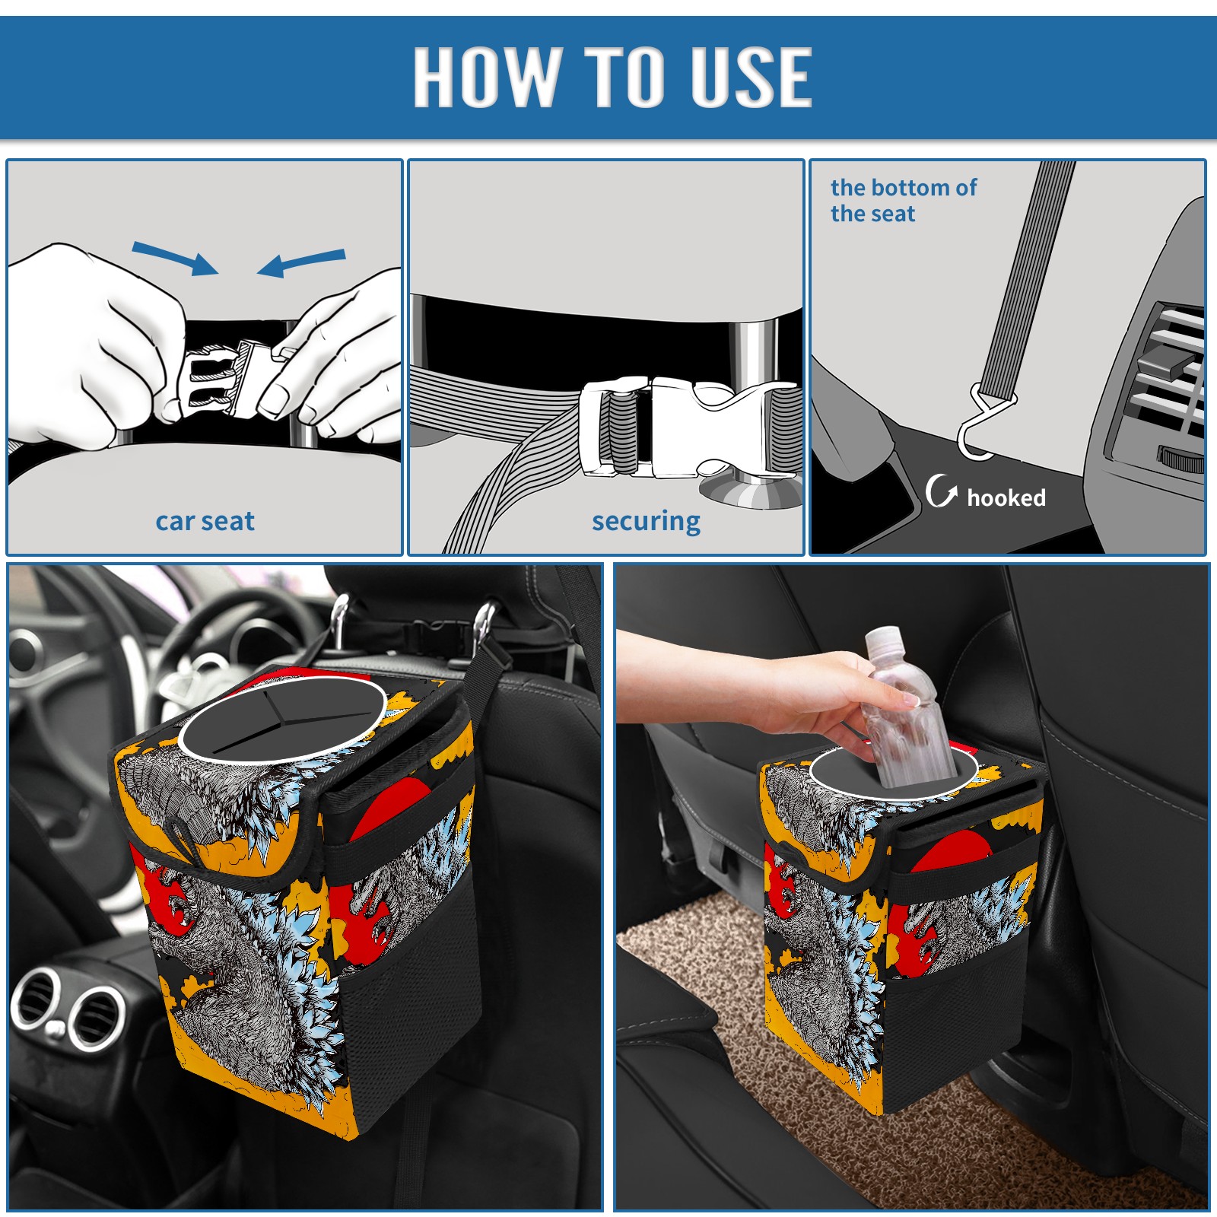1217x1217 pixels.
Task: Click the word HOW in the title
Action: (485, 76)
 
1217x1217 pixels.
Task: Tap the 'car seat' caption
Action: (205, 521)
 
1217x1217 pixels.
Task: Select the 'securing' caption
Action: (646, 522)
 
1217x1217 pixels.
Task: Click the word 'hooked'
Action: (1006, 497)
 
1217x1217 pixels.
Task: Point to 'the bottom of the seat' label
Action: (904, 200)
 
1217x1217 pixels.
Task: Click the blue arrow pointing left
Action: (301, 263)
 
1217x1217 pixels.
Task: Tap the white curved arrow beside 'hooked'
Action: (941, 491)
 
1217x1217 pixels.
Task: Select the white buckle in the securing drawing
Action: (688, 427)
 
